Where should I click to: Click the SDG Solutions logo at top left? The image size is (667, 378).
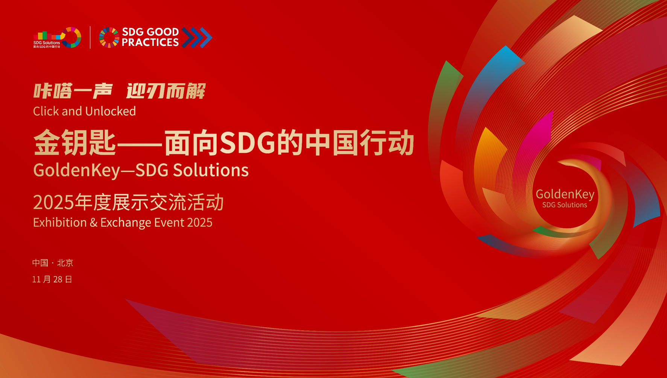click(x=57, y=38)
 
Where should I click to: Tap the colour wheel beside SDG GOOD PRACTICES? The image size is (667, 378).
click(x=109, y=38)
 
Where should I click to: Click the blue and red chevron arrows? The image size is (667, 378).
click(x=197, y=37)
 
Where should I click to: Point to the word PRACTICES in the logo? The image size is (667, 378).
click(x=150, y=43)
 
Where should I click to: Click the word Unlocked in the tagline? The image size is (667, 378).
click(x=111, y=111)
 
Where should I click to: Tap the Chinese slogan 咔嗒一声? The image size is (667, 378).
click(x=73, y=91)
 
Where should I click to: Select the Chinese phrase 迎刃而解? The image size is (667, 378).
click(x=166, y=91)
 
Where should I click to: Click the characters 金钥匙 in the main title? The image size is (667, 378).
click(x=74, y=143)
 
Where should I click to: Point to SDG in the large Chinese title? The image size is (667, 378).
click(x=247, y=143)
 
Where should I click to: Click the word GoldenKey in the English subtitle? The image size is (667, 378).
click(x=76, y=170)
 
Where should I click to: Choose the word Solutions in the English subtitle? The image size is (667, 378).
click(x=211, y=170)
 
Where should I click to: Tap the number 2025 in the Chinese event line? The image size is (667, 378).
click(x=53, y=203)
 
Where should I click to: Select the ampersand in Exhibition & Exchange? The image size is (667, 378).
click(x=93, y=223)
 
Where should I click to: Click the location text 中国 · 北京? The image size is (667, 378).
click(x=53, y=263)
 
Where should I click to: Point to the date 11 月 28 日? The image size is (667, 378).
click(x=52, y=279)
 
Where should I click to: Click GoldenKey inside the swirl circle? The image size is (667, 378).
click(x=565, y=194)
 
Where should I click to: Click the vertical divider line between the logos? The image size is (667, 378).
click(x=90, y=37)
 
